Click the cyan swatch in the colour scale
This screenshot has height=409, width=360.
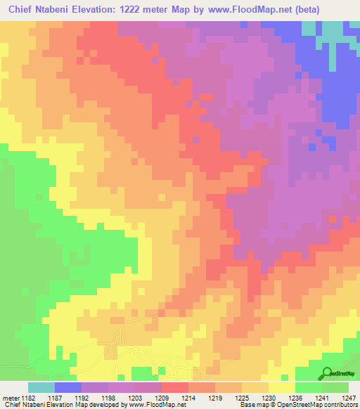coord(41,387)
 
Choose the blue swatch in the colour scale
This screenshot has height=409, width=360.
coord(68,387)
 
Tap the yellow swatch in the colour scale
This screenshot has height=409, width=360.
coord(282,387)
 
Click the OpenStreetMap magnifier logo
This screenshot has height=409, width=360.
coord(328,374)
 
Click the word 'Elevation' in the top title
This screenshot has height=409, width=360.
coord(94,10)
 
